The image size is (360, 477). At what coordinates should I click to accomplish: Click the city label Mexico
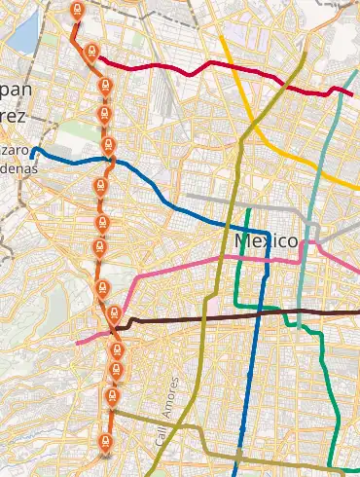pos(266,239)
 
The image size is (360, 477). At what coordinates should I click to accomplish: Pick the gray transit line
pos(243,205)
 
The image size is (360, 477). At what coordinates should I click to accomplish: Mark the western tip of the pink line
pos(77,344)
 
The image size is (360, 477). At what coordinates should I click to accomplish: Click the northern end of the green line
pos(249,209)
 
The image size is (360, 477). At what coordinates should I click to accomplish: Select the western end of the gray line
pos(187,195)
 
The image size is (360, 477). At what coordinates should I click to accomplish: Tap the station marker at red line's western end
pos(90,52)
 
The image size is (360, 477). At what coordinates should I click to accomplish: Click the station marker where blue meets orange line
pos(109,147)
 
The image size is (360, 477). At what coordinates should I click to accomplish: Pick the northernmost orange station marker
pos(78,10)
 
